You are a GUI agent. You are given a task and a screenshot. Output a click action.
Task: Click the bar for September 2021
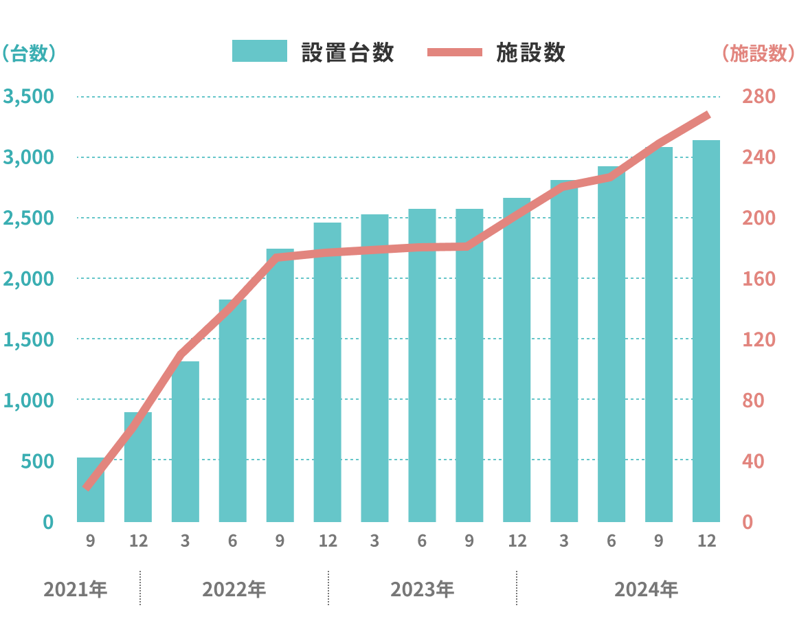[x=90, y=489]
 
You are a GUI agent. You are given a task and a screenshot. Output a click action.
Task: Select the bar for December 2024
[x=706, y=330]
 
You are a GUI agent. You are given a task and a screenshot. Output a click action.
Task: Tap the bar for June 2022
[x=232, y=410]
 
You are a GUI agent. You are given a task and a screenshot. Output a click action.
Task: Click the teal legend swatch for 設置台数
[x=259, y=52]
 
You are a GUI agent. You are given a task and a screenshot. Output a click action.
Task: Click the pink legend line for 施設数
[x=454, y=52]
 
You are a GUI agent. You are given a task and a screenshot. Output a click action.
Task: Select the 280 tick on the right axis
[x=759, y=97]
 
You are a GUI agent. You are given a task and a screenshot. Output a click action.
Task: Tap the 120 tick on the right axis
[x=759, y=339]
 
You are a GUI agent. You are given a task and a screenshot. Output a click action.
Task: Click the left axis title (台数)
[x=28, y=54]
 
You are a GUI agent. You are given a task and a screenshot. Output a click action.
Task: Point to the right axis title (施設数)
[x=758, y=54]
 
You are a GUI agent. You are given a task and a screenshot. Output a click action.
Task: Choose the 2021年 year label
[x=75, y=589]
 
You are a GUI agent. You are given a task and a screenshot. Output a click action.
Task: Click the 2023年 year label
[x=422, y=589]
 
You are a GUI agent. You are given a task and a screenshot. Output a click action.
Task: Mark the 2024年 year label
[x=646, y=589]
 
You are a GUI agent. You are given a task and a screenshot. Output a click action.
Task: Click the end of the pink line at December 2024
[x=707, y=115]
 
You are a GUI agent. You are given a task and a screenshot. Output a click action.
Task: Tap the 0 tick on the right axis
[x=749, y=522]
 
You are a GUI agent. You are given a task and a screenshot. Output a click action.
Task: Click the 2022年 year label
[x=234, y=589]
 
